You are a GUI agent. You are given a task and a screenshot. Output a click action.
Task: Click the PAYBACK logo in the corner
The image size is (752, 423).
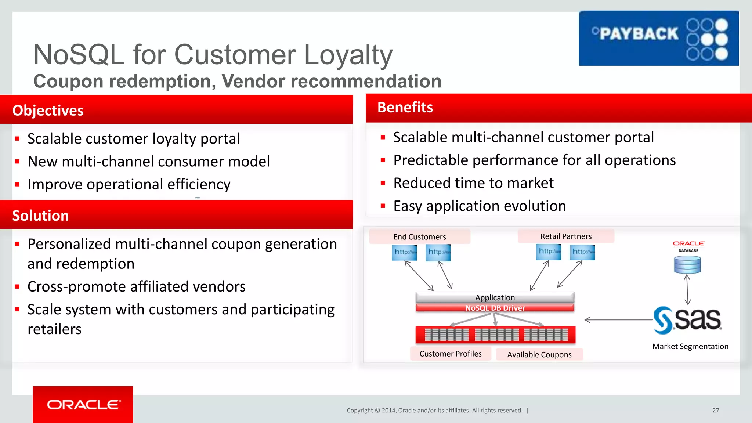658,38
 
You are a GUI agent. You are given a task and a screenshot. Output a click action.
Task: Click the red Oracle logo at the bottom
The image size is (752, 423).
83,404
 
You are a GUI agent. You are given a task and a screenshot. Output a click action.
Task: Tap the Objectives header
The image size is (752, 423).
48,111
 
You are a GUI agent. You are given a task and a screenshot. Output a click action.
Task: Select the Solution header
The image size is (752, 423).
40,216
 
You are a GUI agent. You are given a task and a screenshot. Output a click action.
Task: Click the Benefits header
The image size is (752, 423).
405,107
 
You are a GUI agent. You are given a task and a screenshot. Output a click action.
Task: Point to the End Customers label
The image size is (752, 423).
419,237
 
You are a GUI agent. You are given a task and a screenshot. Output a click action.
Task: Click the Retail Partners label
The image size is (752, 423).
566,236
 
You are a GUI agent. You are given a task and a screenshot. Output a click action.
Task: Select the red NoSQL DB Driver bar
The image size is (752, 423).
495,308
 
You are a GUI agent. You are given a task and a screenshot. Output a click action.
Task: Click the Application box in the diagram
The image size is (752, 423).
495,297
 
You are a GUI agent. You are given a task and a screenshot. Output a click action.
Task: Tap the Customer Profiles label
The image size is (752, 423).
451,354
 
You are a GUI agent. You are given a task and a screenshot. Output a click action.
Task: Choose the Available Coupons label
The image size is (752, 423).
539,354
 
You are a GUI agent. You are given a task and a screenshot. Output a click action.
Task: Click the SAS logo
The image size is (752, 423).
687,320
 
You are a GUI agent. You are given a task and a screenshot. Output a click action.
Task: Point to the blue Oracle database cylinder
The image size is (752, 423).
687,265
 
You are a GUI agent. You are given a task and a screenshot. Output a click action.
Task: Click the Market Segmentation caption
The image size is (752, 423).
690,346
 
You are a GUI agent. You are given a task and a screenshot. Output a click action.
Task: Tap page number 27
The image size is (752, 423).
716,410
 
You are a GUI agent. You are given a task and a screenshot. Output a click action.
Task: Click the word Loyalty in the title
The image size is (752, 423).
348,55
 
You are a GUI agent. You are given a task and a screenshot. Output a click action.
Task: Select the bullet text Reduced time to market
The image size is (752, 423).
473,183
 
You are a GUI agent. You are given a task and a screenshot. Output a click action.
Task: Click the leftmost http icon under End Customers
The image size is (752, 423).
404,253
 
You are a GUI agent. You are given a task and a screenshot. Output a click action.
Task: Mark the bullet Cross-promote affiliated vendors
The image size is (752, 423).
136,286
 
